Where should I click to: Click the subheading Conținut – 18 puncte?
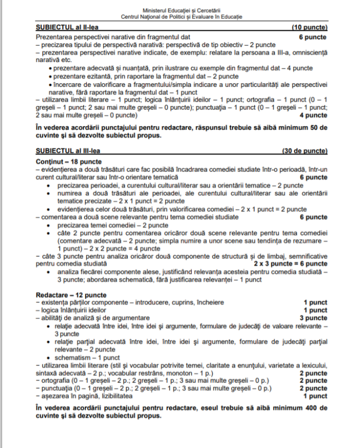coord(69,161)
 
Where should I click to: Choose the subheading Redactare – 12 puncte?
coord(71,294)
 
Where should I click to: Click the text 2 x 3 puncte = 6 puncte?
coord(290,263)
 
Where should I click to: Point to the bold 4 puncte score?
coord(313,115)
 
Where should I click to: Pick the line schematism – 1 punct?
coord(82,357)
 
